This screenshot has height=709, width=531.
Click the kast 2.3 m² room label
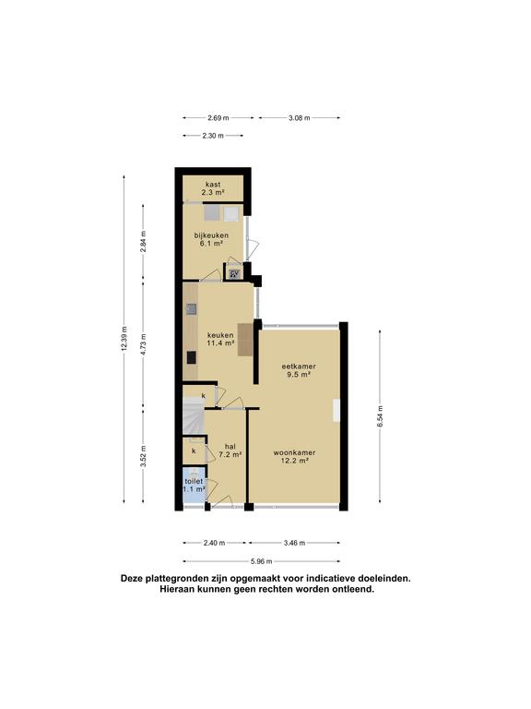click(213, 187)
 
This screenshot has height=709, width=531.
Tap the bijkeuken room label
click(211, 239)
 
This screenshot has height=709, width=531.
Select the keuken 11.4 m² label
click(220, 339)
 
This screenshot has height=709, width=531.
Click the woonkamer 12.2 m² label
click(295, 457)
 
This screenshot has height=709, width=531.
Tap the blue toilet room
click(194, 487)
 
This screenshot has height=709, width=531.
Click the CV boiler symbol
click(234, 272)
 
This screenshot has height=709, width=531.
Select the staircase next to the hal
click(193, 421)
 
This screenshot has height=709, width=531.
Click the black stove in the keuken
click(190, 357)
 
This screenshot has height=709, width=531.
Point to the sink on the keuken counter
click(190, 309)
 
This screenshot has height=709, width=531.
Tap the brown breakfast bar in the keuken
click(245, 340)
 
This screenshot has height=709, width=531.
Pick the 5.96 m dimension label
click(262, 560)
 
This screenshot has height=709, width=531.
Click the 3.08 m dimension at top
click(300, 118)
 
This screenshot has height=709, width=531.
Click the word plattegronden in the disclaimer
click(181, 579)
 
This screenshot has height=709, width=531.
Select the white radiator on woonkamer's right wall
click(337, 410)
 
